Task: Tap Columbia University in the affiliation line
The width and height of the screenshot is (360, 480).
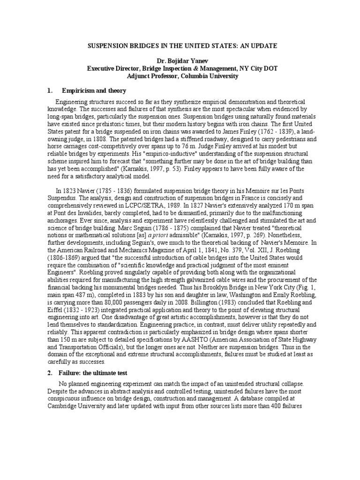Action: [211, 76]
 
